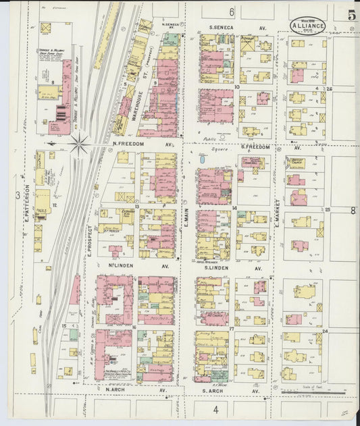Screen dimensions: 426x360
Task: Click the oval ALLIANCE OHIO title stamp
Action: (308, 26)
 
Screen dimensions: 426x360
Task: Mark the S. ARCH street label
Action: (214, 390)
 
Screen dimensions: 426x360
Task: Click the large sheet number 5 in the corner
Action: (352, 14)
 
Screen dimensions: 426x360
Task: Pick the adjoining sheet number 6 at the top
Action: (230, 11)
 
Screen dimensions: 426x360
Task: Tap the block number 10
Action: (237, 87)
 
